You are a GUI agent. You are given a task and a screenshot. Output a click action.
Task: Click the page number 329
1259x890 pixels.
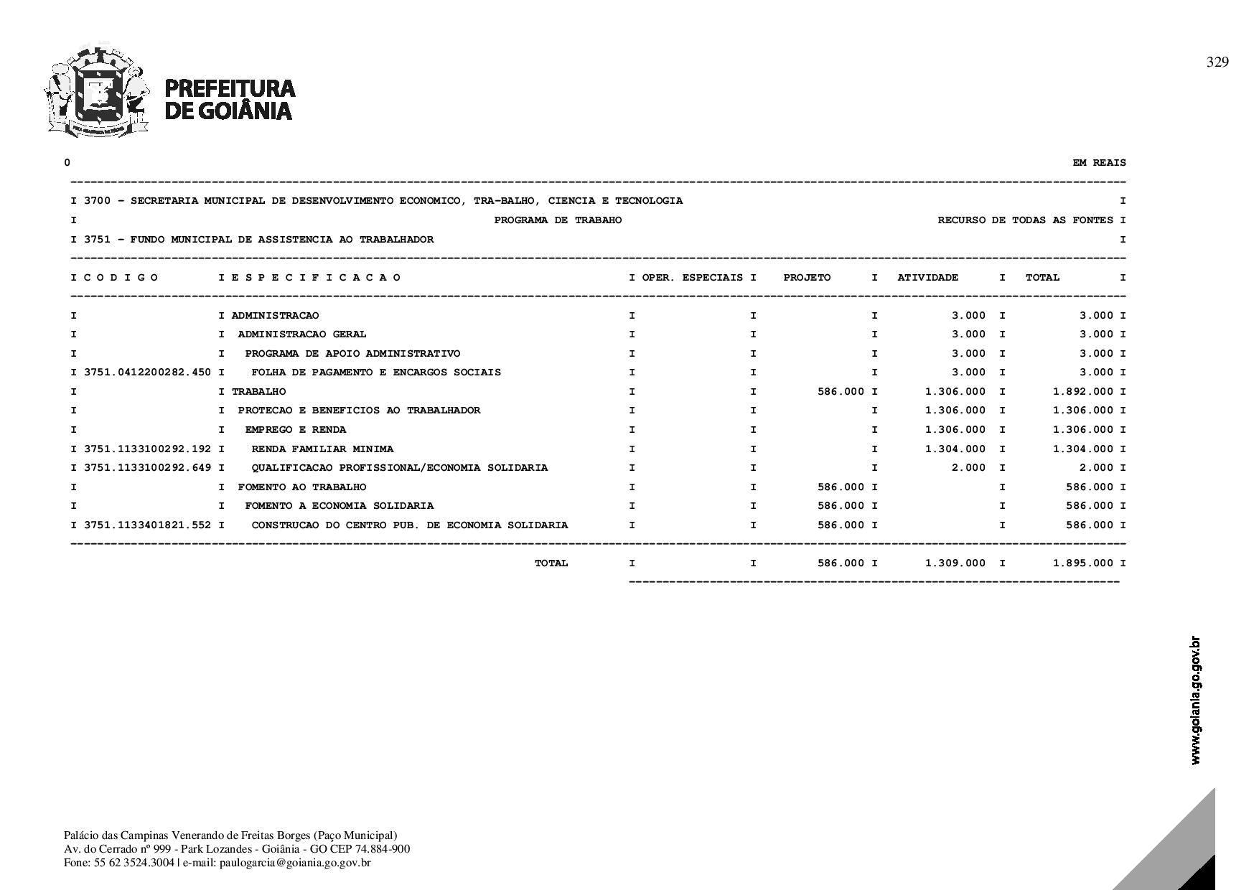click(1217, 62)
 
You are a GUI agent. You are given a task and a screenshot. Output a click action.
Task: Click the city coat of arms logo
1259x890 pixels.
click(97, 90)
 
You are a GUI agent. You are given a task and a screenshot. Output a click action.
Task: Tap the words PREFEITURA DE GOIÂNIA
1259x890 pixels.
click(230, 99)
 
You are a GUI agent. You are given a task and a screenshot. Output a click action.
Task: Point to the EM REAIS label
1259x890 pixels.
click(1099, 163)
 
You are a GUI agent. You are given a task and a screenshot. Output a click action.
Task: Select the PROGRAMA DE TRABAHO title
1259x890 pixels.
click(558, 220)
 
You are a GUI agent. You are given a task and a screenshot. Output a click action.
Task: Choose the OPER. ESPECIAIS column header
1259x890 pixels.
click(692, 278)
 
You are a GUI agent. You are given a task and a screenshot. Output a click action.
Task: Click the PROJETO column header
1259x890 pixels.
click(807, 278)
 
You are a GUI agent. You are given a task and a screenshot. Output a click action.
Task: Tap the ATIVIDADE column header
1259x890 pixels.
click(927, 278)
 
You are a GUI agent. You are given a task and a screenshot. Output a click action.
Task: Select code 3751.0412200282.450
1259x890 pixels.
click(148, 373)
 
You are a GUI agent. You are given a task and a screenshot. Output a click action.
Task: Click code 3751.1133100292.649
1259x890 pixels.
click(148, 468)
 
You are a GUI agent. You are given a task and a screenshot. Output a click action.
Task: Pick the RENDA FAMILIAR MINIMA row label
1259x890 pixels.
click(322, 449)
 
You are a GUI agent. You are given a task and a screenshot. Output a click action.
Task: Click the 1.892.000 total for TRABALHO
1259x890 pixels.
click(1083, 392)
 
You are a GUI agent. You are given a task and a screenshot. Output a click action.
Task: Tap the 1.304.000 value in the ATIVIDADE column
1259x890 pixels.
click(955, 449)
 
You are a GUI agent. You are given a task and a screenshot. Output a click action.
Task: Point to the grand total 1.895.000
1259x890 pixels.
click(1083, 563)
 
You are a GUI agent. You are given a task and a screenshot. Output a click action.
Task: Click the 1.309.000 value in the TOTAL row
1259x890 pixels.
click(955, 563)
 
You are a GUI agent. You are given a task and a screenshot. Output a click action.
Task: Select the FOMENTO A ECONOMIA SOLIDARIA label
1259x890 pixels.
click(339, 506)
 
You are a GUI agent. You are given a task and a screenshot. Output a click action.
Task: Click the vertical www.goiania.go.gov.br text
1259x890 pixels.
click(1195, 701)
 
